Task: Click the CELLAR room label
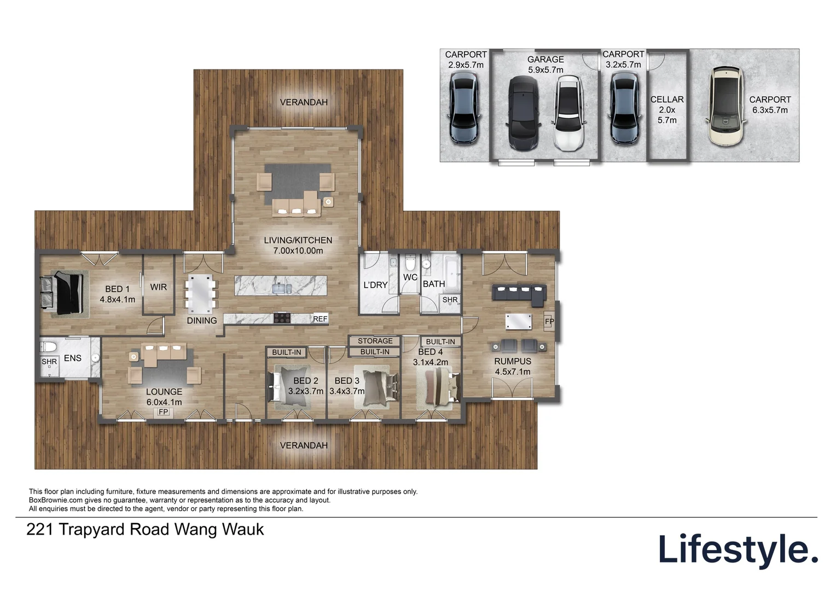tap(667, 99)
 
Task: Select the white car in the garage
tap(568, 113)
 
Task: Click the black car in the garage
tap(524, 113)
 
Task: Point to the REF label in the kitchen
tap(320, 319)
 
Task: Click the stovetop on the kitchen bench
tap(282, 318)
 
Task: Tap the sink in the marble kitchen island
tap(282, 288)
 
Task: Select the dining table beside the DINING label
tap(200, 294)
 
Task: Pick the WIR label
tap(158, 287)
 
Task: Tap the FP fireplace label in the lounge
tap(164, 412)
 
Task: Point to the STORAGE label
tap(375, 341)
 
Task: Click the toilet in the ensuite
tap(48, 347)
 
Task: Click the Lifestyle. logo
tap(738, 550)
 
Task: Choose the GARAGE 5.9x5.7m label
tap(545, 65)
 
